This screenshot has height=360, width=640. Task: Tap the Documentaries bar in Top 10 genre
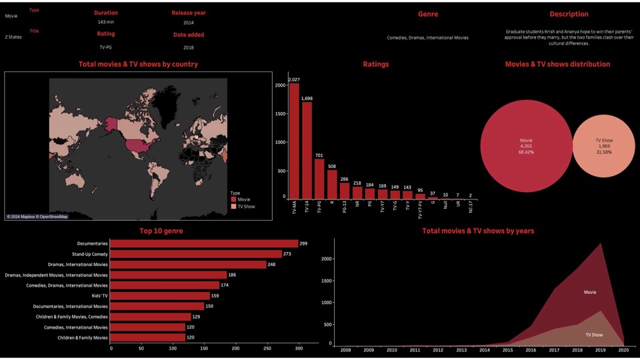(204, 243)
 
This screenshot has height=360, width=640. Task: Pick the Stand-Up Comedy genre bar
(196, 254)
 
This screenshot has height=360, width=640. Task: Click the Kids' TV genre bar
(160, 295)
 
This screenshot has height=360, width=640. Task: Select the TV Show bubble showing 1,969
(605, 146)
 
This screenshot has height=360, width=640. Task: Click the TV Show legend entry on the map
(246, 207)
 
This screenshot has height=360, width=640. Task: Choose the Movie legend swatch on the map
(233, 199)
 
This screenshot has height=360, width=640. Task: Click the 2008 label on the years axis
(345, 349)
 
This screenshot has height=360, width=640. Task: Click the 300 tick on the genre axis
(298, 348)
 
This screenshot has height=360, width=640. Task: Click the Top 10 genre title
(161, 231)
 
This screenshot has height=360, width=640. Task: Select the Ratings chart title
(376, 65)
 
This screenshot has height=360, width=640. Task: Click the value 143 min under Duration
(106, 23)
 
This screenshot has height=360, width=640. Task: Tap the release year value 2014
(189, 23)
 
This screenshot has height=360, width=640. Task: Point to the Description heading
(569, 14)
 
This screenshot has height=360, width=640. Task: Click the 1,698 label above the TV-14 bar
(307, 99)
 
